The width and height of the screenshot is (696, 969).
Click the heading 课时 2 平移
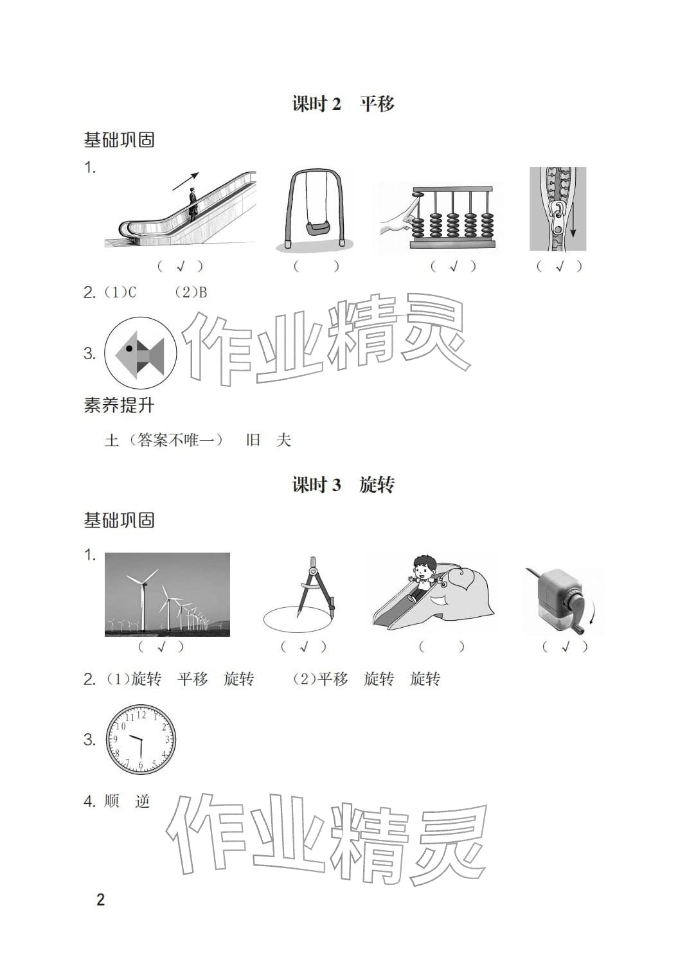click(343, 103)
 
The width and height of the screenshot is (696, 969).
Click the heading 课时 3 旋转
click(343, 484)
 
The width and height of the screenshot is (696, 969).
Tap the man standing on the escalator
click(193, 204)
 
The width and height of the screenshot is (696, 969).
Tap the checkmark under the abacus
click(454, 266)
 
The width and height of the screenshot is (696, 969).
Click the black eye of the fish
click(129, 348)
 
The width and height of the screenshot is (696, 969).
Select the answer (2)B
click(192, 292)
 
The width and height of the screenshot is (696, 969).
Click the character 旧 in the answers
click(253, 440)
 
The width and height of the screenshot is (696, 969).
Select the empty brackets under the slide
click(442, 647)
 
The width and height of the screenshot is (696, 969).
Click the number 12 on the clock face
click(141, 715)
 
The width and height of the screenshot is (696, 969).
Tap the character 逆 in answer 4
click(143, 801)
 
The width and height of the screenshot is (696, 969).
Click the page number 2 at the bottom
click(100, 900)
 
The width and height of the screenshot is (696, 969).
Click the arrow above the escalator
click(186, 181)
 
